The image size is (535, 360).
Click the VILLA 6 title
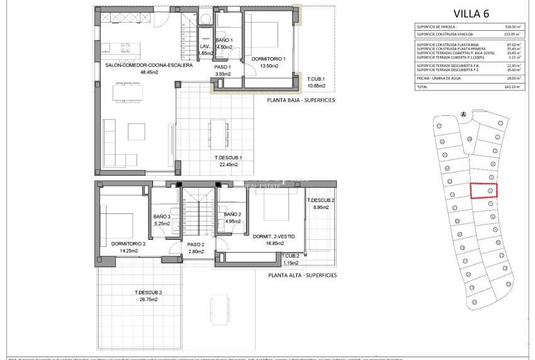[x=471, y=13]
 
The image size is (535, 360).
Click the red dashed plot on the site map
[x=484, y=190]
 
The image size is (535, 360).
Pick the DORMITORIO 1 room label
[x=269, y=59]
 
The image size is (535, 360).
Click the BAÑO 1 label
[x=225, y=40]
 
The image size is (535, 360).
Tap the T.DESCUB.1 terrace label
[x=228, y=157]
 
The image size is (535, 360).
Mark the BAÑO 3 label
[x=162, y=217]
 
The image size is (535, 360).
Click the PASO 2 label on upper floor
[x=195, y=244]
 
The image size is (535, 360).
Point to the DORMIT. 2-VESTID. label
[x=269, y=237]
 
